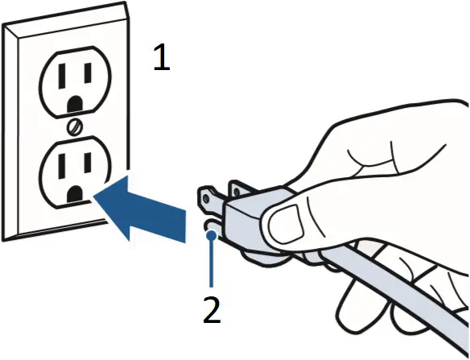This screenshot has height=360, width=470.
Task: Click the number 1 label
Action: coord(162,60)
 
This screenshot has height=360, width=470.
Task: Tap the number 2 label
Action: coord(212,310)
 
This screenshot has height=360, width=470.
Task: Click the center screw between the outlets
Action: coord(74,126)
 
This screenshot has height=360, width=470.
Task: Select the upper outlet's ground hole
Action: coord(76,103)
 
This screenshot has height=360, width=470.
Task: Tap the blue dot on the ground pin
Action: coord(211,235)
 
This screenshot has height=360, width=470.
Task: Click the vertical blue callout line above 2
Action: coord(211,262)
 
